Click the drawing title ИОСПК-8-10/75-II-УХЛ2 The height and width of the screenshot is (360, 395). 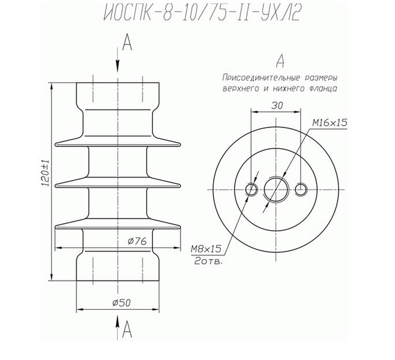pyautogui.click(x=203, y=13)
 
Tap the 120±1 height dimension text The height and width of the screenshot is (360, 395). pyautogui.click(x=46, y=173)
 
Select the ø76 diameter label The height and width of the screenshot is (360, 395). pyautogui.click(x=137, y=241)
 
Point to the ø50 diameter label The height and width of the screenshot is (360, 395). pyautogui.click(x=121, y=303)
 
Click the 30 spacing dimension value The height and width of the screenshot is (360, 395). pyautogui.click(x=277, y=106)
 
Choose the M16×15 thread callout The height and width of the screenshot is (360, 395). pyautogui.click(x=330, y=123)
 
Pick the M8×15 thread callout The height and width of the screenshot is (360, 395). pyautogui.click(x=206, y=249)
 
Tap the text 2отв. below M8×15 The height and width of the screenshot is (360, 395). pyautogui.click(x=208, y=261)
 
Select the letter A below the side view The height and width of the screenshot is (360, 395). pyautogui.click(x=127, y=329)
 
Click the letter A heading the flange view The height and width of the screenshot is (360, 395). pyautogui.click(x=280, y=61)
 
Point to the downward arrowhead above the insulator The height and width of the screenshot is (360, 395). pyautogui.click(x=118, y=66)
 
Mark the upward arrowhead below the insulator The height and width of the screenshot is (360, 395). pyautogui.click(x=118, y=321)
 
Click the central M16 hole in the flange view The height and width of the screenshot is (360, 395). pyautogui.click(x=276, y=190)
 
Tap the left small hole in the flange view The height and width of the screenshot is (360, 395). pyautogui.click(x=251, y=189)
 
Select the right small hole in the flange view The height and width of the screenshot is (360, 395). pyautogui.click(x=301, y=189)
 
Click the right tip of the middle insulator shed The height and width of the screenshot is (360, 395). pyautogui.click(x=180, y=186)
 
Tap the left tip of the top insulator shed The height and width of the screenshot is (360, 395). pyautogui.click(x=55, y=144)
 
